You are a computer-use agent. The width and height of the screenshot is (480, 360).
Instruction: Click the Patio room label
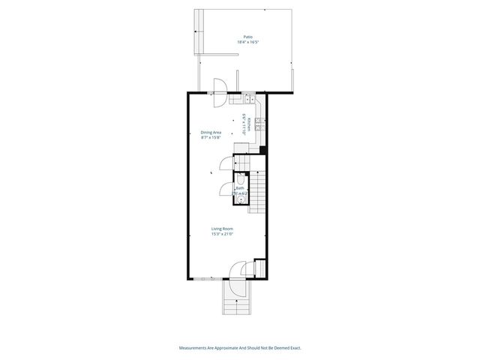coord(247,37)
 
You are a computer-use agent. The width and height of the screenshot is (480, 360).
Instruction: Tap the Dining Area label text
coord(211,133)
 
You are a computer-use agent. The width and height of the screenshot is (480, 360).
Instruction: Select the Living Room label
coord(222,229)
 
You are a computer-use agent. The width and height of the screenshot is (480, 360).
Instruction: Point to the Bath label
coord(240,188)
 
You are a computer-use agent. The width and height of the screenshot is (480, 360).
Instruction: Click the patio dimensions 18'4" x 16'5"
coord(247,43)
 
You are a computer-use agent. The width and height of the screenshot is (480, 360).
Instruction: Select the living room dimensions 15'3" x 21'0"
coord(222,235)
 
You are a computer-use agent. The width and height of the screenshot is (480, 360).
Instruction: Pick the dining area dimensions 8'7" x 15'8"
coord(211,138)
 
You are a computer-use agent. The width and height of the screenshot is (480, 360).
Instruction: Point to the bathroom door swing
coord(226,189)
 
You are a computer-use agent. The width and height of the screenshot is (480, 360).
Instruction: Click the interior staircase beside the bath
coord(257,192)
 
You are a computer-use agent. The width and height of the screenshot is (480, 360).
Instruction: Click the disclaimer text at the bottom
coord(240,347)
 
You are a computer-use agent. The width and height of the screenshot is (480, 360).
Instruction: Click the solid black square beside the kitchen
coord(262,149)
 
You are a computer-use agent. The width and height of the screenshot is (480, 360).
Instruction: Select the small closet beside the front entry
coord(259,268)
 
